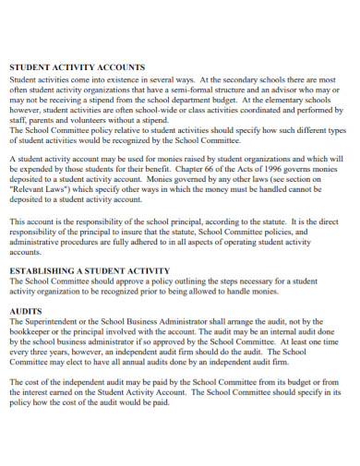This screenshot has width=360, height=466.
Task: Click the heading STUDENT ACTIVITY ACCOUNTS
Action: (77, 67)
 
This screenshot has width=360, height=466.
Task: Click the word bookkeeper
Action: (34, 334)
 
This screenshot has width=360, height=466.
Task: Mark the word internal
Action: (281, 334)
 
